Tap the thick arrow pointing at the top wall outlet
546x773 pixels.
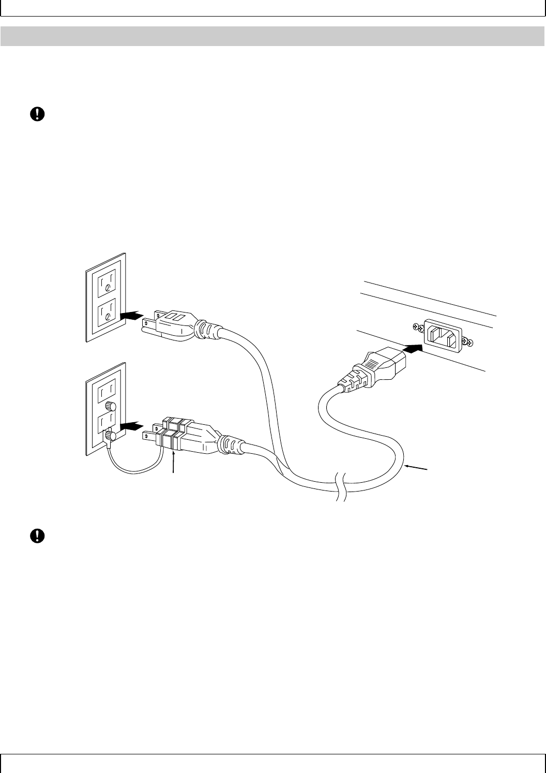131,315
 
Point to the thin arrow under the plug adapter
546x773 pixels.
174,460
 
